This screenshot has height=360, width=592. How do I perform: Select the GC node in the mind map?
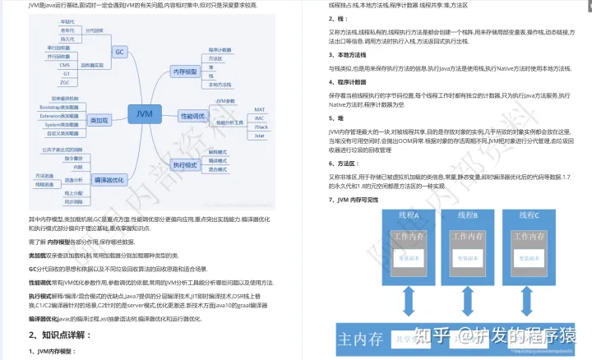click(x=119, y=52)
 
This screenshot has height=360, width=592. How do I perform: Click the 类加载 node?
click(x=99, y=120)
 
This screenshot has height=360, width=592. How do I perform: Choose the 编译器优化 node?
click(x=109, y=179)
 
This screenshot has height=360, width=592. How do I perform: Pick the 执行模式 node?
click(x=185, y=164)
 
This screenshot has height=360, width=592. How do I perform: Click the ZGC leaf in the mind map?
click(x=64, y=82)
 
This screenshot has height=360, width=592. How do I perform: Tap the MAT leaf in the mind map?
click(x=259, y=108)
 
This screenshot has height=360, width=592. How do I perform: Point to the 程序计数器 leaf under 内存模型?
click(x=219, y=50)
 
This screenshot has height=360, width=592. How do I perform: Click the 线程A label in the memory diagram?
click(x=409, y=216)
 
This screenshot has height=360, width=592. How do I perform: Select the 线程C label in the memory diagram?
click(x=525, y=216)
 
